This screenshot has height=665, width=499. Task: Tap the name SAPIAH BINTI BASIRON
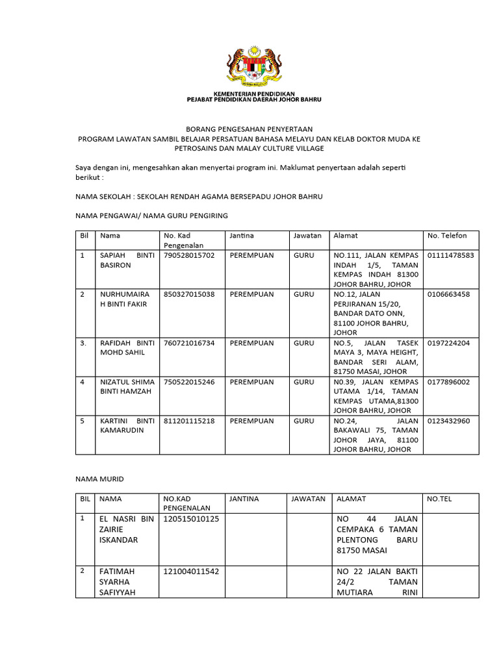click(126, 260)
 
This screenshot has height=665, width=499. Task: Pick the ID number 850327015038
click(189, 294)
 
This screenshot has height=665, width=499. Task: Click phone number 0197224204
click(448, 343)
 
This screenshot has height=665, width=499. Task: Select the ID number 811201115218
click(189, 421)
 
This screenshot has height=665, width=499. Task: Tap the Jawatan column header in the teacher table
click(307, 236)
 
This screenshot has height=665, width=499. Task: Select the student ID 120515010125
click(191, 519)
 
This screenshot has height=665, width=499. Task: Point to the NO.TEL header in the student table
click(439, 499)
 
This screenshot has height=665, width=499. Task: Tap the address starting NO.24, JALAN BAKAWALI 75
click(375, 435)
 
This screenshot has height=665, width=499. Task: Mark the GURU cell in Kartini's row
click(303, 421)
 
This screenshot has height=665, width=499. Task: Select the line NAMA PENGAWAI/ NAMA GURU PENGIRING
click(152, 215)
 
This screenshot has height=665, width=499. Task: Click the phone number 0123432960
click(448, 421)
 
